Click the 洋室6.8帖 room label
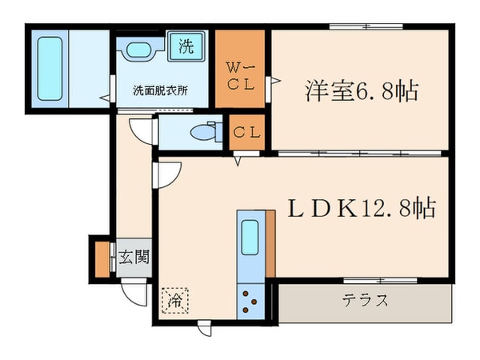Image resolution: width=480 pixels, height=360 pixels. [x=361, y=91]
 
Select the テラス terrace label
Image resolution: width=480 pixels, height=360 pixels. [x=366, y=302]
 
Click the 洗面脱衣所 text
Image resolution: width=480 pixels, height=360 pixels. [x=160, y=90]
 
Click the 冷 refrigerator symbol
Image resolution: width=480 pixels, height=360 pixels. [x=174, y=301]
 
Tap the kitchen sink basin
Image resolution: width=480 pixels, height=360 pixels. [x=250, y=237]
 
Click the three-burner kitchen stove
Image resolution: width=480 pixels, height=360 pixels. [x=250, y=302]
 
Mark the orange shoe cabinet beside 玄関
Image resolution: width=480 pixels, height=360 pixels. [x=102, y=258]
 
